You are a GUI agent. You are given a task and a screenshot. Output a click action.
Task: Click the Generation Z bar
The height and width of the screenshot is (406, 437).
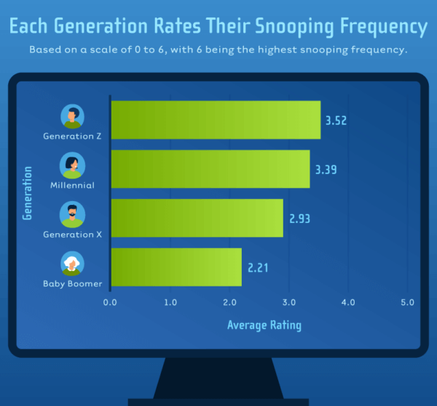tap(216, 120)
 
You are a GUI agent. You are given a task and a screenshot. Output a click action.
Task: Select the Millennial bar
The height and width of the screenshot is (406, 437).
tap(210, 169)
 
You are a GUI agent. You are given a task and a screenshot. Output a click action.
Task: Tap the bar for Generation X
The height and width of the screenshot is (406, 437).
tap(197, 218)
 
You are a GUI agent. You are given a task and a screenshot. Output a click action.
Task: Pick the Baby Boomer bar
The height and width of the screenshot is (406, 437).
tap(176, 267)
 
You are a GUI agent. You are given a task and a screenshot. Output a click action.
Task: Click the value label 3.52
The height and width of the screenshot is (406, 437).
tap(336, 120)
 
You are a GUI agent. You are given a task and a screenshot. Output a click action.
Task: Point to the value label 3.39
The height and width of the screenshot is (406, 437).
tap(326, 170)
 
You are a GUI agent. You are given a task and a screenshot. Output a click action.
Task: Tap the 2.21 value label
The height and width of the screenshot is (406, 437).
tap(258, 268)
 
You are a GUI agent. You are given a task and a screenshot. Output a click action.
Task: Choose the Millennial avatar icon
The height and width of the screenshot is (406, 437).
tap(72, 165)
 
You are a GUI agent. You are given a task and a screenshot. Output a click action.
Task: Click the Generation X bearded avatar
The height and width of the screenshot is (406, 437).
tap(72, 215)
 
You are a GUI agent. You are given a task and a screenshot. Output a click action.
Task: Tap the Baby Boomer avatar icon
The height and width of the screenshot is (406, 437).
tap(72, 264)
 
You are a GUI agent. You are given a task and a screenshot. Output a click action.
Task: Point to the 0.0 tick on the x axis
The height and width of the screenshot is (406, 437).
tap(111, 302)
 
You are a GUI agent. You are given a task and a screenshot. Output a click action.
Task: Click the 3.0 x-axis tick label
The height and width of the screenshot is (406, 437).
tap(288, 302)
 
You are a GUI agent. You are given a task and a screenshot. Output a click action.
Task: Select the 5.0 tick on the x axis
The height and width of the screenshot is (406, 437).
tap(407, 302)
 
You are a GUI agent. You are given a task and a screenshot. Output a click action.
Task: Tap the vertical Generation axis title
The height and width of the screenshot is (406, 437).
tap(28, 193)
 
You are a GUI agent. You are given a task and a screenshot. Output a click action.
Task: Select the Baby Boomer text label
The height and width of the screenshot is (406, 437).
tap(72, 284)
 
